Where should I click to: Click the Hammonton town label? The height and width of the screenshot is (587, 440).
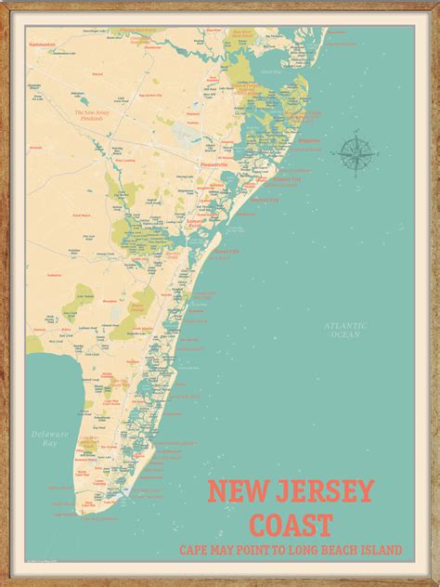(43, 44)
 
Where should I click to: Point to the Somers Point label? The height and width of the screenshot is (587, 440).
(196, 223)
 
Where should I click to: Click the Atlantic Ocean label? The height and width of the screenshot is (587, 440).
(345, 329)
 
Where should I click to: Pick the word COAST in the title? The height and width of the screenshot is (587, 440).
(291, 524)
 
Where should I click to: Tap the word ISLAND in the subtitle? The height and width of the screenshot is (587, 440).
(382, 550)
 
